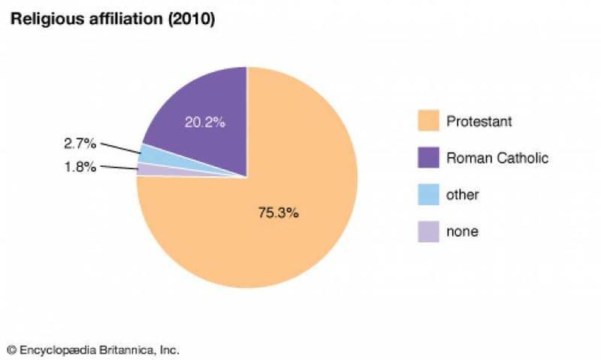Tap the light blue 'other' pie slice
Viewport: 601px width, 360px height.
(150, 154)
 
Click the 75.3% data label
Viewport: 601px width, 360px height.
(278, 213)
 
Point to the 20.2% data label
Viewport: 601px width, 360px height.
(204, 121)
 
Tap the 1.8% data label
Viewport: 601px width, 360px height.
(80, 166)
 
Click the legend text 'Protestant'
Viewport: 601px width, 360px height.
(479, 121)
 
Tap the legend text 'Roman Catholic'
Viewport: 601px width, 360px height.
(497, 158)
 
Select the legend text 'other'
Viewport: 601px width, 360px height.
(462, 195)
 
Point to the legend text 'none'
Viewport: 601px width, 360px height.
(462, 231)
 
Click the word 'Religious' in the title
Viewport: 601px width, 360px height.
(39, 20)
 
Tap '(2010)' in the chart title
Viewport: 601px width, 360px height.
(191, 20)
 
